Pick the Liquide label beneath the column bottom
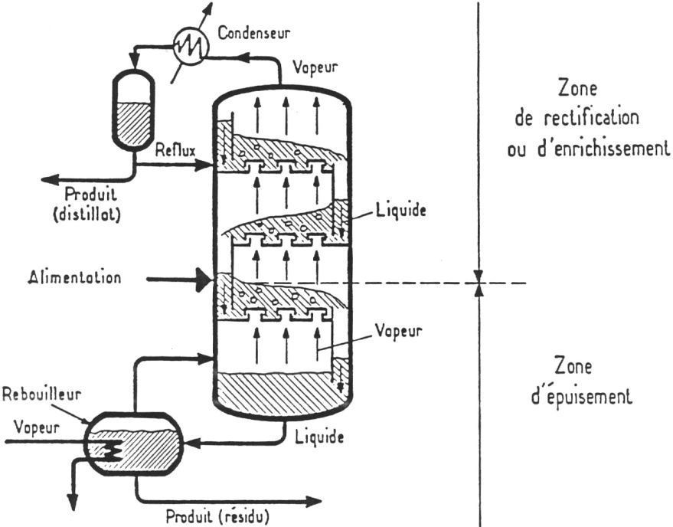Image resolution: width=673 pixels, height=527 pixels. (319, 438)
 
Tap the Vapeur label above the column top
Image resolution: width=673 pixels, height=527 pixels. (315, 67)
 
